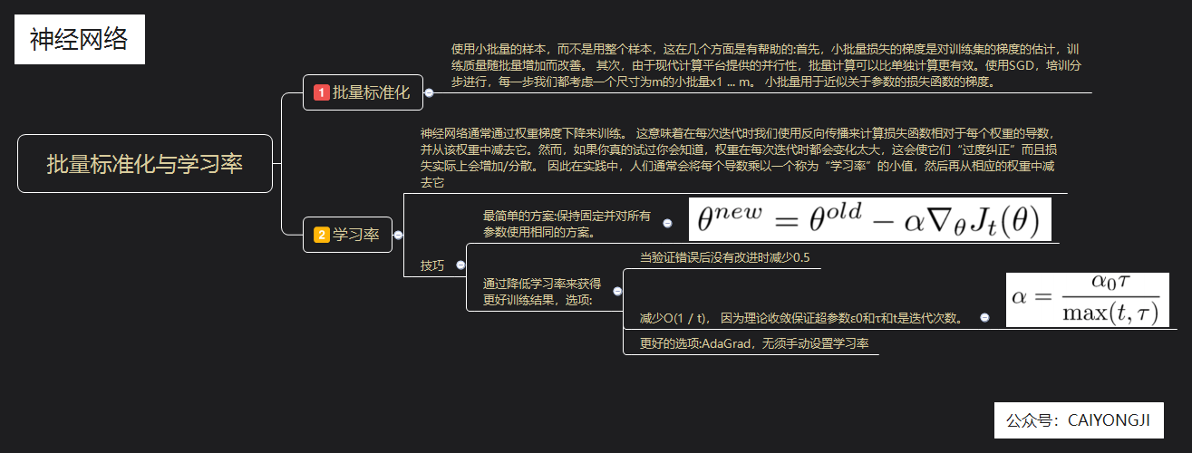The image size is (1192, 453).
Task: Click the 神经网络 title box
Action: click(80, 41)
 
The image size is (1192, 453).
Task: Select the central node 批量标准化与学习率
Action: click(145, 164)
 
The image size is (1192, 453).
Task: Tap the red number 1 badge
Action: click(321, 92)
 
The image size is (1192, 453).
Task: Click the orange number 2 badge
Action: click(321, 236)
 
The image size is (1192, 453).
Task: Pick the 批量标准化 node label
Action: click(372, 92)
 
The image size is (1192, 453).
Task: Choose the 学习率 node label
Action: click(357, 236)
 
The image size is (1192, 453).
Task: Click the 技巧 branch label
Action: click(432, 265)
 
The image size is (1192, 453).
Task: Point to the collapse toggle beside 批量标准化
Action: click(429, 92)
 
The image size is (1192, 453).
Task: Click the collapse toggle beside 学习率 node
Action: click(398, 236)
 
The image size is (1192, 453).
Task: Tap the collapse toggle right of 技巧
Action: click(460, 265)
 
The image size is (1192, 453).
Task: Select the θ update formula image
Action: click(869, 220)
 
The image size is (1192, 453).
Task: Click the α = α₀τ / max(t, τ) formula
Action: click(1086, 299)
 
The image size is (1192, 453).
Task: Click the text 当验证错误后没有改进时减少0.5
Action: click(724, 258)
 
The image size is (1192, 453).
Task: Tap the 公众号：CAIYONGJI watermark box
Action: click(1078, 420)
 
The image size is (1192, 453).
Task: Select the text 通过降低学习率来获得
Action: click(541, 284)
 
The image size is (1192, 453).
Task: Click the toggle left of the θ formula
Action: click(668, 223)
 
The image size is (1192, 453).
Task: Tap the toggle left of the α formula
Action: click(985, 318)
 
